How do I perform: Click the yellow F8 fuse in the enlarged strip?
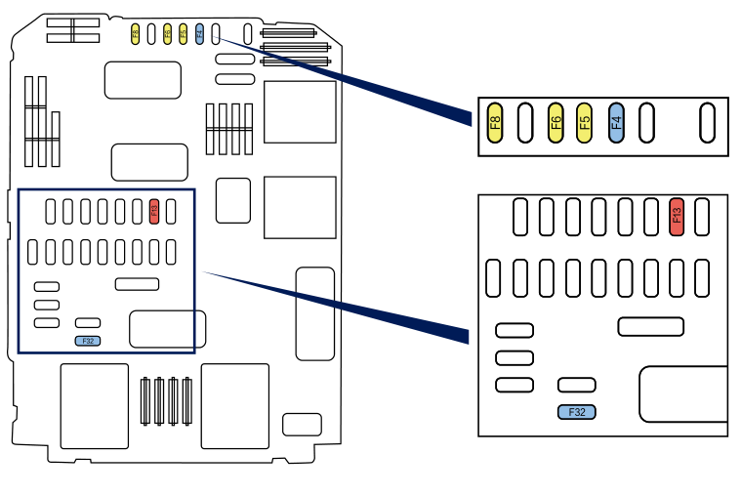[495, 122]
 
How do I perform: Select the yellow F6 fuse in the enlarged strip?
[556, 122]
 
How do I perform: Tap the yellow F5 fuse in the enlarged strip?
[585, 122]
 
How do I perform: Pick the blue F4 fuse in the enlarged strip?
[616, 122]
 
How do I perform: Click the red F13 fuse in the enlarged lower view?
[677, 216]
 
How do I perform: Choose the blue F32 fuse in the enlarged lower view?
[577, 412]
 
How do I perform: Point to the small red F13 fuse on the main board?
[153, 210]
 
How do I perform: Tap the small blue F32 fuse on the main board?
[88, 341]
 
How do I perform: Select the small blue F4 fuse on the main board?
[199, 34]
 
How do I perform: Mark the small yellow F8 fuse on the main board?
[136, 34]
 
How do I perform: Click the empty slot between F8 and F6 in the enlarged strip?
[525, 122]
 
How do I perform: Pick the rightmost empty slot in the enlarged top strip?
[708, 122]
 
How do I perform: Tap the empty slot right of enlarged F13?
[702, 216]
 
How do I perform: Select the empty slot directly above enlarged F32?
[577, 385]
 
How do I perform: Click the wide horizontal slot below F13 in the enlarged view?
[650, 326]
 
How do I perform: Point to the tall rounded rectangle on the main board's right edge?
[314, 313]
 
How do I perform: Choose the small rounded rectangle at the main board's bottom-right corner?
[302, 425]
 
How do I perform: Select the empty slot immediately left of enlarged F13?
[651, 216]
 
